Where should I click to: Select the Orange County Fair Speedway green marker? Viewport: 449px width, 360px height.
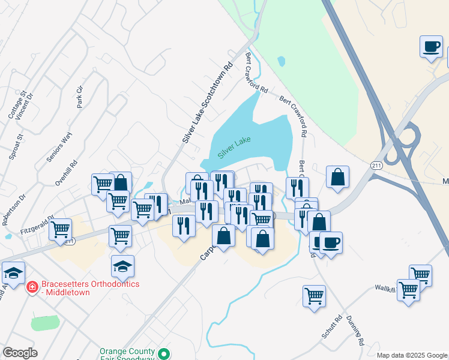(163, 352)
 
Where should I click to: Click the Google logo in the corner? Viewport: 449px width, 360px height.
(20, 353)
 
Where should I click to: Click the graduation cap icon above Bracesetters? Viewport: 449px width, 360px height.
(122, 266)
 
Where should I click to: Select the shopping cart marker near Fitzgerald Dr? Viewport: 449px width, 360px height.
(61, 229)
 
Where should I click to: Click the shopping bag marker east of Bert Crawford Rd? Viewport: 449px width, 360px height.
(338, 177)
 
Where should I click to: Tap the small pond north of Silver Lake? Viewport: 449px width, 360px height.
(281, 61)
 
